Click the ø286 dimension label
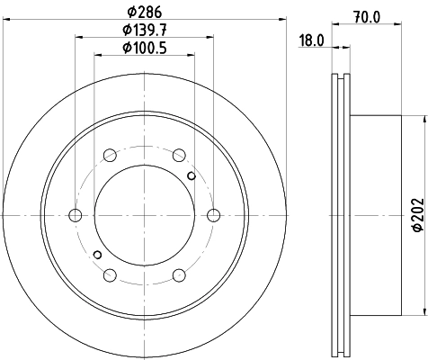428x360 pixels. click(145, 13)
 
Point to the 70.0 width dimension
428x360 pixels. click(364, 15)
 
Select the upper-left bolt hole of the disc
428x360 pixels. click(110, 154)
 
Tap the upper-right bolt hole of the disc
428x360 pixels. click(179, 154)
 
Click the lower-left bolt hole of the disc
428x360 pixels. click(110, 274)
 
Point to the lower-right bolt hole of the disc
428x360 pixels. click(179, 274)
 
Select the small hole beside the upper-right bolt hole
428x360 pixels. click(190, 175)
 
